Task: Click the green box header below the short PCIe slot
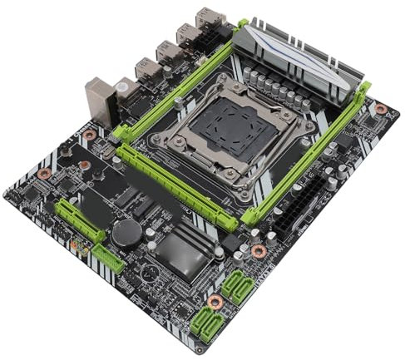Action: (108, 260)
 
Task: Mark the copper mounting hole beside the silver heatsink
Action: (380, 109)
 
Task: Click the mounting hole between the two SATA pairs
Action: (215, 301)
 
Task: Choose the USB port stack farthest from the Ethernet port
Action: (207, 18)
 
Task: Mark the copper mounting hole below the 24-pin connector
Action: (259, 249)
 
